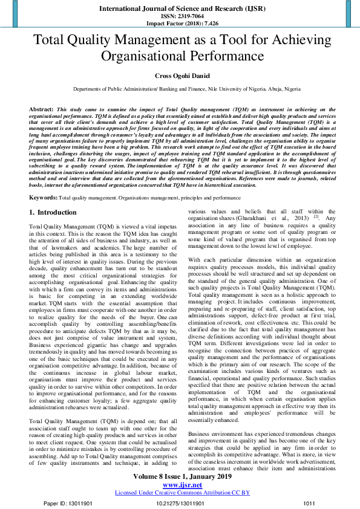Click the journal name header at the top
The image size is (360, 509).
click(x=180, y=10)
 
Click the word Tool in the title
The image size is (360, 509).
click(x=223, y=41)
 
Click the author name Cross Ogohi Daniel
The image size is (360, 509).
click(x=180, y=75)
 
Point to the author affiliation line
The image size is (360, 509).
click(x=180, y=89)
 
